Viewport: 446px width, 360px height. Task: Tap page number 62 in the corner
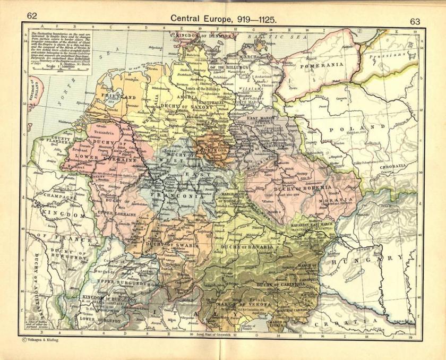point(32,15)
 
